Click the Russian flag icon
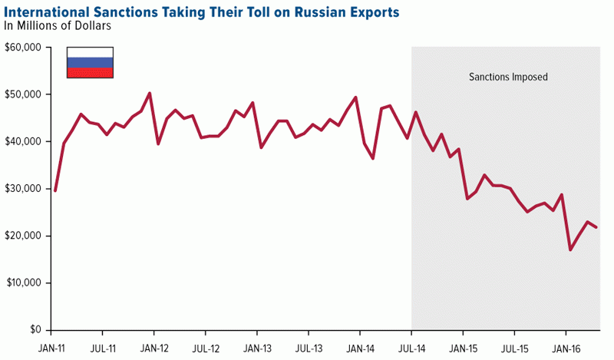(x=91, y=62)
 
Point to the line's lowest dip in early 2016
(x=570, y=249)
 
